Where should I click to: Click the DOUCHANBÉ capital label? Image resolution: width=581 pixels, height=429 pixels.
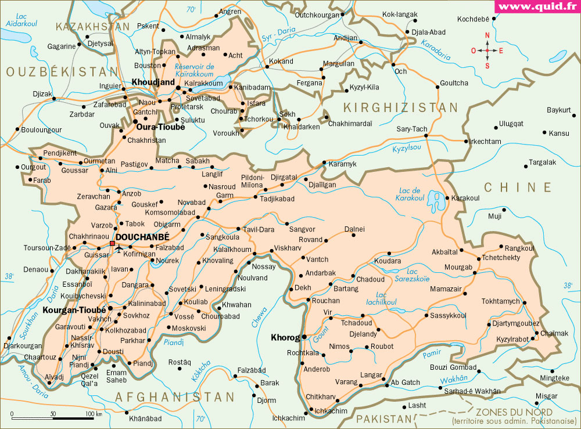[142, 237]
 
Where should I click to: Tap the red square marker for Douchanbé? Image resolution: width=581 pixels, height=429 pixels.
[112, 244]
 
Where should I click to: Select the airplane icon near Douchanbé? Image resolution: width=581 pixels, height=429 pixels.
[120, 249]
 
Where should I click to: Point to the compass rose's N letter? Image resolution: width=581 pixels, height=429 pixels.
[487, 36]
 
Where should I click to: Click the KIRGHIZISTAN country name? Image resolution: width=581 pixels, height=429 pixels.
[400, 107]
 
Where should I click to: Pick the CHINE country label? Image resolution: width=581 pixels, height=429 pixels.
[518, 187]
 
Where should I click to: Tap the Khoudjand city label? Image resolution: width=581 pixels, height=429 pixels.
[153, 82]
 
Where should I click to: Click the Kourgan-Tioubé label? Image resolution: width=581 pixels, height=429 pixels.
[74, 310]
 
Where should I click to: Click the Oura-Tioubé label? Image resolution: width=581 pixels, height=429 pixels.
[160, 127]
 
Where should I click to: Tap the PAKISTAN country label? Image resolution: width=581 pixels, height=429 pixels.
[383, 419]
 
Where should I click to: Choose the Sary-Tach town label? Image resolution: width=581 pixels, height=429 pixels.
[412, 128]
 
